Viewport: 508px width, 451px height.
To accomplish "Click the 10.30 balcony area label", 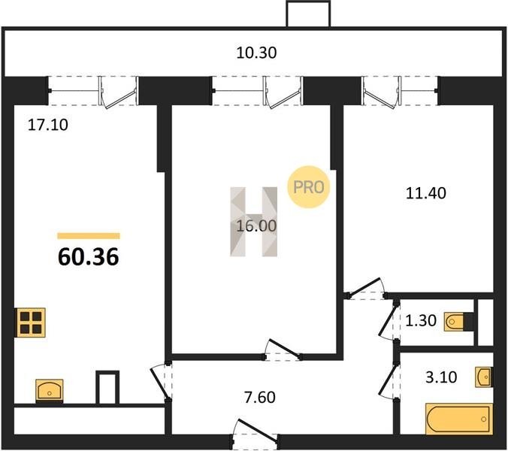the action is click(256, 53).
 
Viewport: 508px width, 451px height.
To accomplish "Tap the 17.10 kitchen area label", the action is click(48, 125).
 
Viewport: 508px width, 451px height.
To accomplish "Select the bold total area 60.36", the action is click(89, 256).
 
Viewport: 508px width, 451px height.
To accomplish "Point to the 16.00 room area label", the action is click(256, 225).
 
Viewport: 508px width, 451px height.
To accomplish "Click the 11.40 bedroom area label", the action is click(425, 193).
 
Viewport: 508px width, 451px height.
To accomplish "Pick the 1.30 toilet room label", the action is click(421, 321).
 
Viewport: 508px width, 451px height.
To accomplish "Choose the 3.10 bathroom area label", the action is click(441, 377).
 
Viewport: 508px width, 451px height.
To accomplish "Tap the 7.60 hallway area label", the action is click(260, 397).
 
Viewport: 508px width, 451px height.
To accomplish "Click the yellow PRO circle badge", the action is click(308, 186).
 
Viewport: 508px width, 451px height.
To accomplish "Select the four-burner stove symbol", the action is click(31, 322).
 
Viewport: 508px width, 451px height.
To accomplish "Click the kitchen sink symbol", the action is click(50, 390).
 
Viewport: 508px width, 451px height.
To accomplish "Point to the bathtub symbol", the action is click(458, 419).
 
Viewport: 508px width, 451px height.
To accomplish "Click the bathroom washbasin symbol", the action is click(484, 377).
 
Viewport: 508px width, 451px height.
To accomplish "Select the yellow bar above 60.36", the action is click(89, 236).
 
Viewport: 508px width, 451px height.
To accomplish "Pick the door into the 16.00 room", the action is click(283, 350).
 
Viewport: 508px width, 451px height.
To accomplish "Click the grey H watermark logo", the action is click(254, 222).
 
